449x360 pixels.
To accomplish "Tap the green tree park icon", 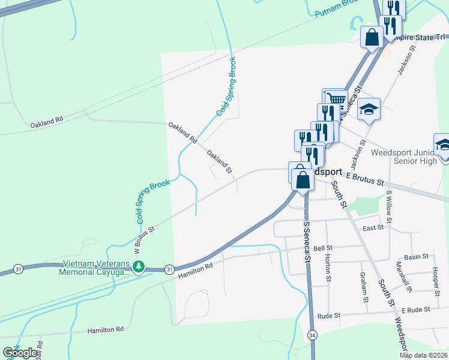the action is pyautogui.click(x=139, y=266).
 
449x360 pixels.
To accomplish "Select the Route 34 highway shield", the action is pyautogui.click(x=312, y=334).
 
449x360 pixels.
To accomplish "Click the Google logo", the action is pyautogui.click(x=20, y=353).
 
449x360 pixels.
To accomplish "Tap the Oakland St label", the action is pyautogui.click(x=219, y=162).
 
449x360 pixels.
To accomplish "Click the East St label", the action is pyautogui.click(x=373, y=229).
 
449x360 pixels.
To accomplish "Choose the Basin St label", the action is pyautogui.click(x=416, y=257).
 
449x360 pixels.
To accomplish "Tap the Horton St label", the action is pyautogui.click(x=328, y=267).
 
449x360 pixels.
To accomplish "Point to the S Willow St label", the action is pyautogui.click(x=389, y=206).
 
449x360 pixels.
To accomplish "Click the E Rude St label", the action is pyautogui.click(x=416, y=310).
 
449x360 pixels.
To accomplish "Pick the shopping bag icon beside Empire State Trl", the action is pyautogui.click(x=372, y=37).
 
